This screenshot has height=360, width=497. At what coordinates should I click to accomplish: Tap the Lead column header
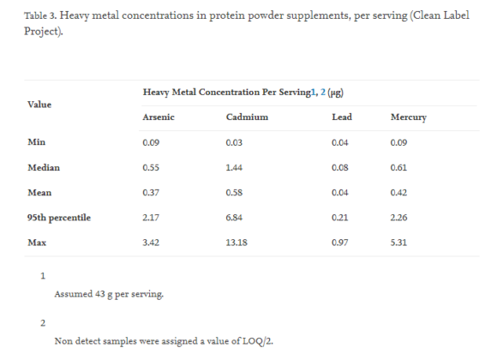pos(341,117)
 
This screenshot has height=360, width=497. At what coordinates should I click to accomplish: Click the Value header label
pos(40,104)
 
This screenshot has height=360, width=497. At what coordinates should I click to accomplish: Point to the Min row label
pos(36,142)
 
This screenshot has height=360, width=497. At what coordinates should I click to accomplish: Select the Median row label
pos(44,167)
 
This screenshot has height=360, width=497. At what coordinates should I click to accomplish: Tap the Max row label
pos(37,243)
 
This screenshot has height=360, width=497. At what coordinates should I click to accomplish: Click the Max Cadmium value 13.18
pos(237,243)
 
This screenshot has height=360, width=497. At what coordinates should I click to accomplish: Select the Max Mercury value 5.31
pos(398,243)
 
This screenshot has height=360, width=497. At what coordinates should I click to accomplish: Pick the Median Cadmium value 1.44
pos(235,167)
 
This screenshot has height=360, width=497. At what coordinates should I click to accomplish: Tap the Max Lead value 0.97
pos(339,243)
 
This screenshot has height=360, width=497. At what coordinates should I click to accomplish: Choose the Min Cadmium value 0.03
pos(235,142)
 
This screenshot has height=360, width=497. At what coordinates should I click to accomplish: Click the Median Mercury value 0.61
pos(398,167)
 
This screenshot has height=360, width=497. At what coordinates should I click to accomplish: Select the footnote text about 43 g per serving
pos(109,294)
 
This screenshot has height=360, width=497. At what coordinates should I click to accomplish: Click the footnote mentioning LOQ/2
pos(163,340)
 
